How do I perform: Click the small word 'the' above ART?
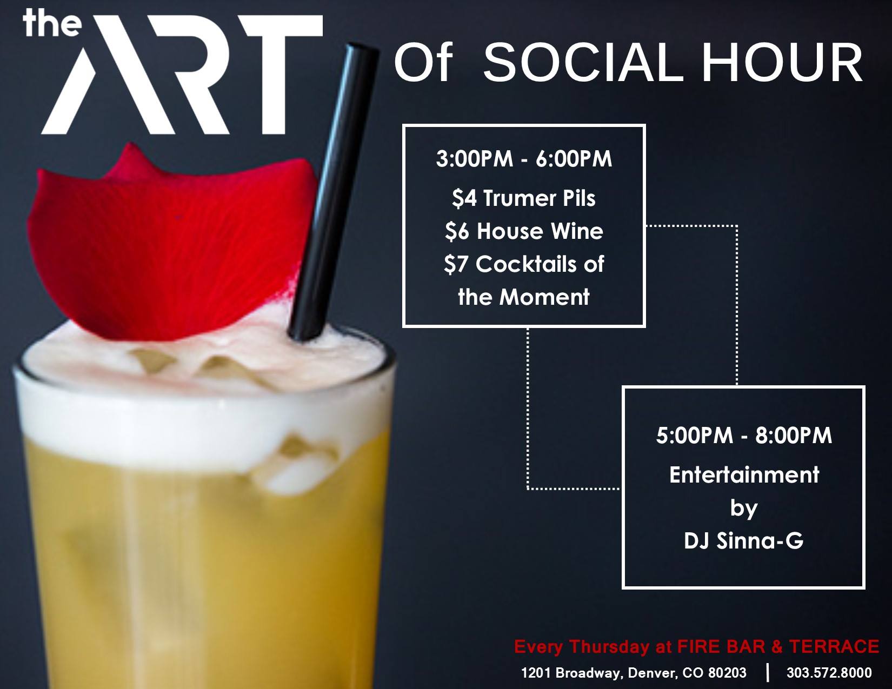point(52,23)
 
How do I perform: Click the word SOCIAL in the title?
point(583,64)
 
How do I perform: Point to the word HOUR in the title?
point(782,64)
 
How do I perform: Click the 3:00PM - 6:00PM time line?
point(524,159)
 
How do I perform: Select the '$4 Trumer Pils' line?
point(524,199)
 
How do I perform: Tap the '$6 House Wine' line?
point(524,231)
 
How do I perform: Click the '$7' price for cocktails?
point(456,264)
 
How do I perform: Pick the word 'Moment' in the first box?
point(544,297)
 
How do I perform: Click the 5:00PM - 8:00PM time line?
point(744,436)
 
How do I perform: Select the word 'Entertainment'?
point(744,475)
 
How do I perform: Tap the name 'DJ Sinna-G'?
point(743,540)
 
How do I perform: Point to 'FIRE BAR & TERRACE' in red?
point(778,646)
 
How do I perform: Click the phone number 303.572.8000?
point(829,673)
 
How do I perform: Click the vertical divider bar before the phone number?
point(767,673)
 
